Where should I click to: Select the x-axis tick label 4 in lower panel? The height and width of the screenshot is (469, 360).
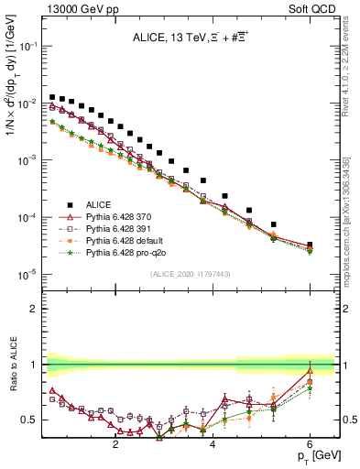(x=213, y=446)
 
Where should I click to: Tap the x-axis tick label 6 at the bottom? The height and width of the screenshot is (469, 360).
(x=310, y=446)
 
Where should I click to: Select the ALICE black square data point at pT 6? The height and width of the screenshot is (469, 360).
(x=310, y=245)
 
